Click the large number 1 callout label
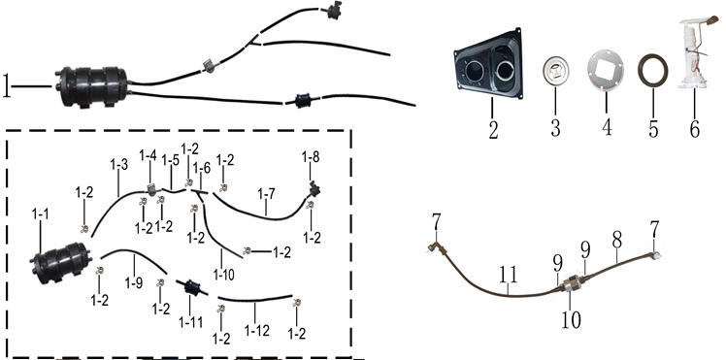(7, 86)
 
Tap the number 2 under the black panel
(494, 130)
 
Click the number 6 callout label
(695, 129)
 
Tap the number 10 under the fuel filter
(571, 320)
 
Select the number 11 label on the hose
(508, 276)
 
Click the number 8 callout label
(617, 241)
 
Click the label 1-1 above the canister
(41, 214)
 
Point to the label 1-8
(311, 157)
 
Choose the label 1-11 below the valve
(191, 321)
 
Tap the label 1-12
(256, 330)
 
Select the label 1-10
(223, 275)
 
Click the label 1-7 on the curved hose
(266, 194)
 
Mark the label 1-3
(119, 164)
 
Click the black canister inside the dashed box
(61, 262)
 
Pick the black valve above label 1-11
(191, 287)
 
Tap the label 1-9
(133, 282)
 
